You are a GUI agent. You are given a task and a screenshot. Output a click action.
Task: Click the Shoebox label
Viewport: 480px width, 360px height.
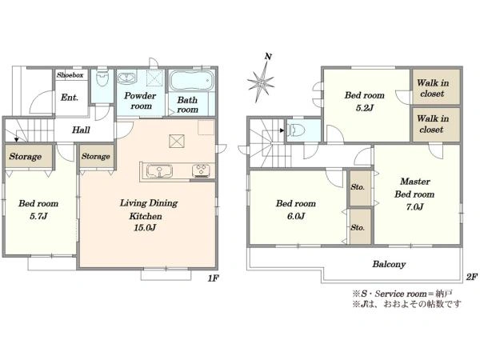pyautogui.click(x=70, y=75)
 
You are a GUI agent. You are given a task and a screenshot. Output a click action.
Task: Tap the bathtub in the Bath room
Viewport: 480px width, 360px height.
pyautogui.click(x=192, y=81)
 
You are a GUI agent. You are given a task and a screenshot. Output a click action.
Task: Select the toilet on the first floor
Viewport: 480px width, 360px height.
pyautogui.click(x=102, y=79)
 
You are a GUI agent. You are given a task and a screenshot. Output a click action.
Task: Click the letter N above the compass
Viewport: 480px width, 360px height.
pyautogui.click(x=268, y=57)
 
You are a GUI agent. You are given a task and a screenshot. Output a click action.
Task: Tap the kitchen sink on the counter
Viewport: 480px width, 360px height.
pyautogui.click(x=159, y=171)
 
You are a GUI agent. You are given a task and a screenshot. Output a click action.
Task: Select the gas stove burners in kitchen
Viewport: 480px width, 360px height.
pyautogui.click(x=201, y=171)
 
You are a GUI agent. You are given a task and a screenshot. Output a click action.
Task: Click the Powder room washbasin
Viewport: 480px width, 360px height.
pyautogui.click(x=126, y=78)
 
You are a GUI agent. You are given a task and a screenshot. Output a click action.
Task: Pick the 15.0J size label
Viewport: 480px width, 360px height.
pyautogui.click(x=145, y=228)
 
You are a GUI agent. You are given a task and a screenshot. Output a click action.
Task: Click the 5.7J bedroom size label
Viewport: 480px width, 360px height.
pyautogui.click(x=38, y=217)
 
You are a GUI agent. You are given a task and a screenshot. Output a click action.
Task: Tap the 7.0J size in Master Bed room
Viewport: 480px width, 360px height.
pyautogui.click(x=414, y=207)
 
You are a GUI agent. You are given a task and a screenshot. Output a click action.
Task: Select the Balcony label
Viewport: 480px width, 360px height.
pyautogui.click(x=389, y=264)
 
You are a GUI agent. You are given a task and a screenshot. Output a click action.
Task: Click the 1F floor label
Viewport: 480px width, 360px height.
pyautogui.click(x=213, y=278)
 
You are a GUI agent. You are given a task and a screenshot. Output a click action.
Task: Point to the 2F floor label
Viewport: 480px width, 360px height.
pyautogui.click(x=472, y=278)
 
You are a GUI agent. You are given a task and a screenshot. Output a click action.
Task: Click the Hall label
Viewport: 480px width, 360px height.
pyautogui.click(x=81, y=130)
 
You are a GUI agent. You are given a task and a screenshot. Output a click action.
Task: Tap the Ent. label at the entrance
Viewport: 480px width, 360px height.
pyautogui.click(x=70, y=98)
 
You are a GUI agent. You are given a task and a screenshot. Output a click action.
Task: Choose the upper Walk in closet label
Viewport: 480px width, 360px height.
pyautogui.click(x=433, y=88)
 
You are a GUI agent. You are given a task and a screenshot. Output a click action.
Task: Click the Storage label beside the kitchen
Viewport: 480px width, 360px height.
pyautogui.click(x=95, y=157)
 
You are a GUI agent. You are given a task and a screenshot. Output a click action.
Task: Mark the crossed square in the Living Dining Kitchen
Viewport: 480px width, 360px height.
pyautogui.click(x=177, y=142)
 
